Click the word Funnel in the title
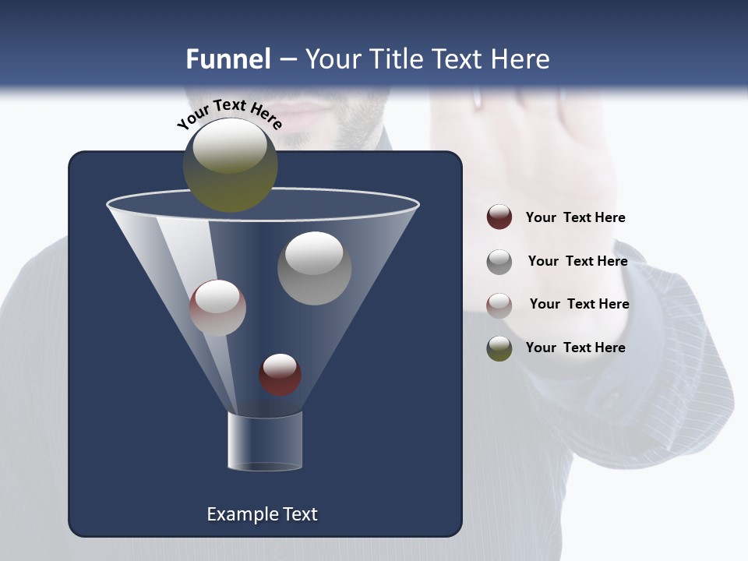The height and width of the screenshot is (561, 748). pyautogui.click(x=228, y=59)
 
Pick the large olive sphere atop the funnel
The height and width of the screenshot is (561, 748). pyautogui.click(x=230, y=165)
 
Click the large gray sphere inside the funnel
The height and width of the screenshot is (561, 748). pyautogui.click(x=314, y=268)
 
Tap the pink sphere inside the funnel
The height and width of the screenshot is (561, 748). pyautogui.click(x=217, y=308)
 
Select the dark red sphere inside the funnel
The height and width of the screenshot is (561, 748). pyautogui.click(x=280, y=374)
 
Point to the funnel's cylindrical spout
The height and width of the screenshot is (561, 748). pyautogui.click(x=264, y=441)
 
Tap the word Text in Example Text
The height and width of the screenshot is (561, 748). pyautogui.click(x=300, y=514)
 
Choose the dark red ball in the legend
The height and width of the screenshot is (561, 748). pyautogui.click(x=499, y=217)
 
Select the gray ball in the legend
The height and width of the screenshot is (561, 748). pyautogui.click(x=499, y=261)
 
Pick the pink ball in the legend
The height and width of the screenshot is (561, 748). pyautogui.click(x=499, y=305)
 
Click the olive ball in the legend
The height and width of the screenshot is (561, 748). pyautogui.click(x=499, y=348)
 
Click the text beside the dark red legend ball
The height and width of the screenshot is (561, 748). pyautogui.click(x=575, y=217)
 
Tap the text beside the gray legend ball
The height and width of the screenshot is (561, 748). pyautogui.click(x=577, y=261)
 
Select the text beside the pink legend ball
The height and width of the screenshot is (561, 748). pyautogui.click(x=579, y=304)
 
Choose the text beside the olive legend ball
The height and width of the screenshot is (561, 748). pyautogui.click(x=575, y=348)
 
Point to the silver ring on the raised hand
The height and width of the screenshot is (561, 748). pyautogui.click(x=478, y=98)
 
